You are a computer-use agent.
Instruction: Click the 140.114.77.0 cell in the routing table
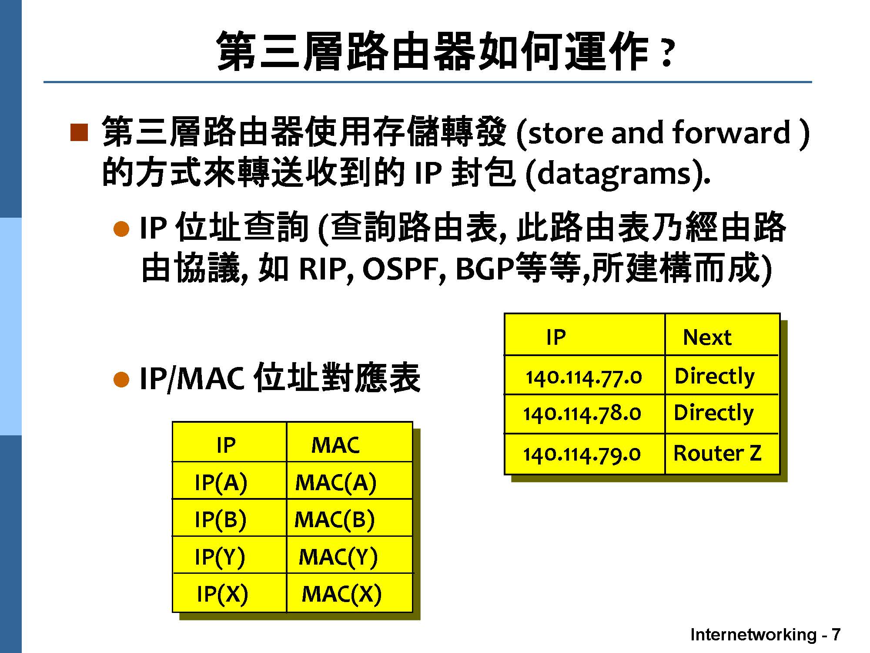click(585, 375)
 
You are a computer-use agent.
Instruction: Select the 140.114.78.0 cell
click(585, 414)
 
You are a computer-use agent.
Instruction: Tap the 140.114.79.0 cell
click(585, 454)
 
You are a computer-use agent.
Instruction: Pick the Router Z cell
click(722, 454)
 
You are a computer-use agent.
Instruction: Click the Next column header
click(722, 335)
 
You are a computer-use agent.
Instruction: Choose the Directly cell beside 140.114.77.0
click(722, 375)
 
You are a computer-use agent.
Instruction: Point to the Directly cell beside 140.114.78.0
click(722, 414)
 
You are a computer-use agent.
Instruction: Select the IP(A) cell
click(229, 481)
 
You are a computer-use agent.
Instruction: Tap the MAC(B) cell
click(349, 518)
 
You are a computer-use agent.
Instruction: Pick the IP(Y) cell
click(229, 555)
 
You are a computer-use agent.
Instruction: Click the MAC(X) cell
click(349, 593)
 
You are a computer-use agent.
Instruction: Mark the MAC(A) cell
click(349, 481)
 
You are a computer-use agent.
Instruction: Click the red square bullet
click(79, 132)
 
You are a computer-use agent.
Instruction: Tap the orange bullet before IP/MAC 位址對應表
click(121, 379)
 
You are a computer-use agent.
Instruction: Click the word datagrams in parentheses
click(614, 174)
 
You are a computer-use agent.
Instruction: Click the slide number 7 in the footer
click(836, 635)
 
